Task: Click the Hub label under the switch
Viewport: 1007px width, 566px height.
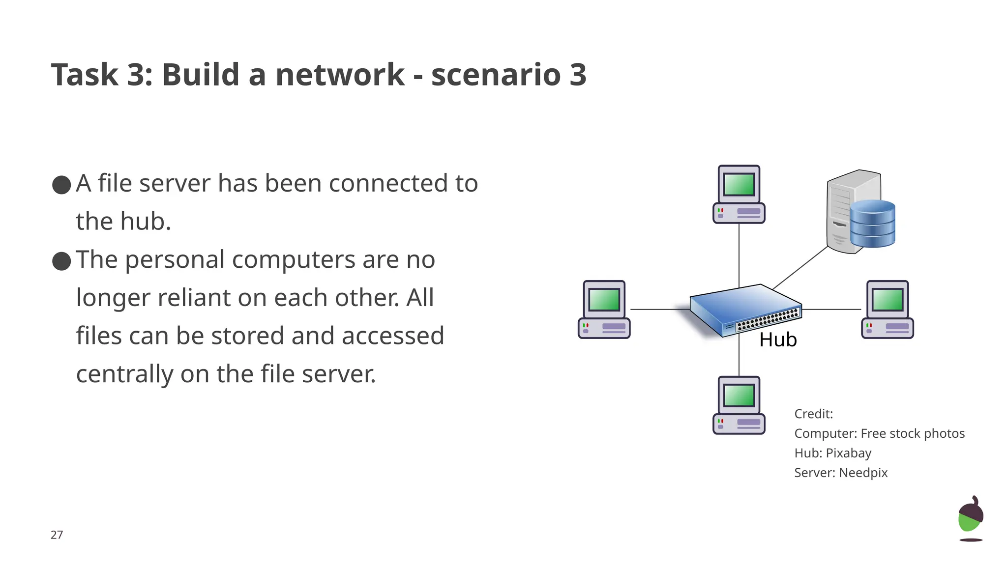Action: pos(777,340)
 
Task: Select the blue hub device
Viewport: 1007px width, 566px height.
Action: pos(745,310)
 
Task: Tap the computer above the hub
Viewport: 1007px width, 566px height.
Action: pos(739,195)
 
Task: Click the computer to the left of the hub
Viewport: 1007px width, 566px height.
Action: pos(604,310)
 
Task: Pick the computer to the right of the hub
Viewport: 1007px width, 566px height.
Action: pos(887,310)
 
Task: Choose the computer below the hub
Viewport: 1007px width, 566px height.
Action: pos(739,405)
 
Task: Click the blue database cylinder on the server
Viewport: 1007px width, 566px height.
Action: pos(872,224)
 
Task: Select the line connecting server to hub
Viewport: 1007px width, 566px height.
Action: pos(800,268)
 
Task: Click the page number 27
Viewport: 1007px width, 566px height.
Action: pos(57,535)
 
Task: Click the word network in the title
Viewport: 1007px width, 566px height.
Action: pos(340,75)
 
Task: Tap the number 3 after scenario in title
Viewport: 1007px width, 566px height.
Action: pos(578,75)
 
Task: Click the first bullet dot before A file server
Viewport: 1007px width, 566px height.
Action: pos(61,185)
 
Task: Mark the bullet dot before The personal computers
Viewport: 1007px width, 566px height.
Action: pos(61,261)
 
